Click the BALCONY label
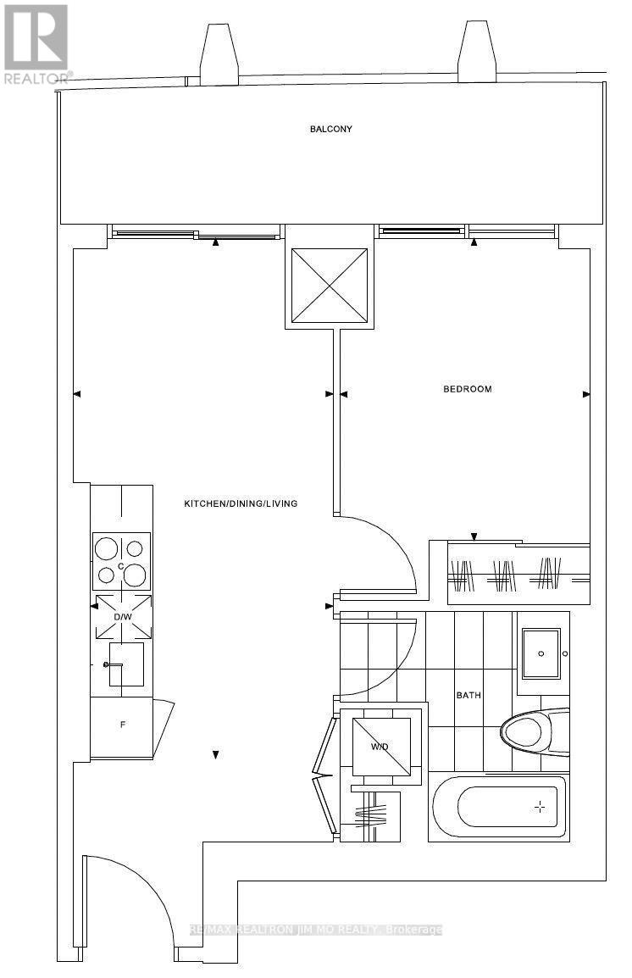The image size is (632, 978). pyautogui.click(x=330, y=130)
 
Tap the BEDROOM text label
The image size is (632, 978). pyautogui.click(x=468, y=389)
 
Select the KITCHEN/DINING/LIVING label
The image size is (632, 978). pyautogui.click(x=241, y=503)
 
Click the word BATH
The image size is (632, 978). pyautogui.click(x=468, y=695)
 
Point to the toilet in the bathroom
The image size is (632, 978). pyautogui.click(x=529, y=730)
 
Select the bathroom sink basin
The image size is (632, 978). pyautogui.click(x=541, y=653)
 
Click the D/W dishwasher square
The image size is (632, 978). pyautogui.click(x=122, y=615)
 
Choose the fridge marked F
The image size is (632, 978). pyautogui.click(x=122, y=725)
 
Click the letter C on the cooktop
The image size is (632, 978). pyautogui.click(x=121, y=566)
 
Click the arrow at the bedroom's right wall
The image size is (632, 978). pyautogui.click(x=585, y=393)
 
